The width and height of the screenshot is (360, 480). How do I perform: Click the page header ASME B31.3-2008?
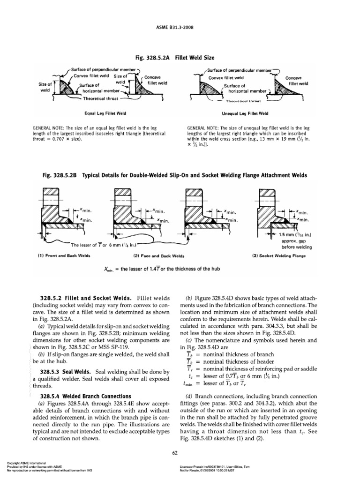click(x=180, y=27)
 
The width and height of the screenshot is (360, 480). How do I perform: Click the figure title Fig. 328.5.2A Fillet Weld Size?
click(x=180, y=58)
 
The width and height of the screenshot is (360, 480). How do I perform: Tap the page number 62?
click(x=180, y=451)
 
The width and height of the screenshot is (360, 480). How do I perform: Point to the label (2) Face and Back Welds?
click(x=159, y=256)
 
